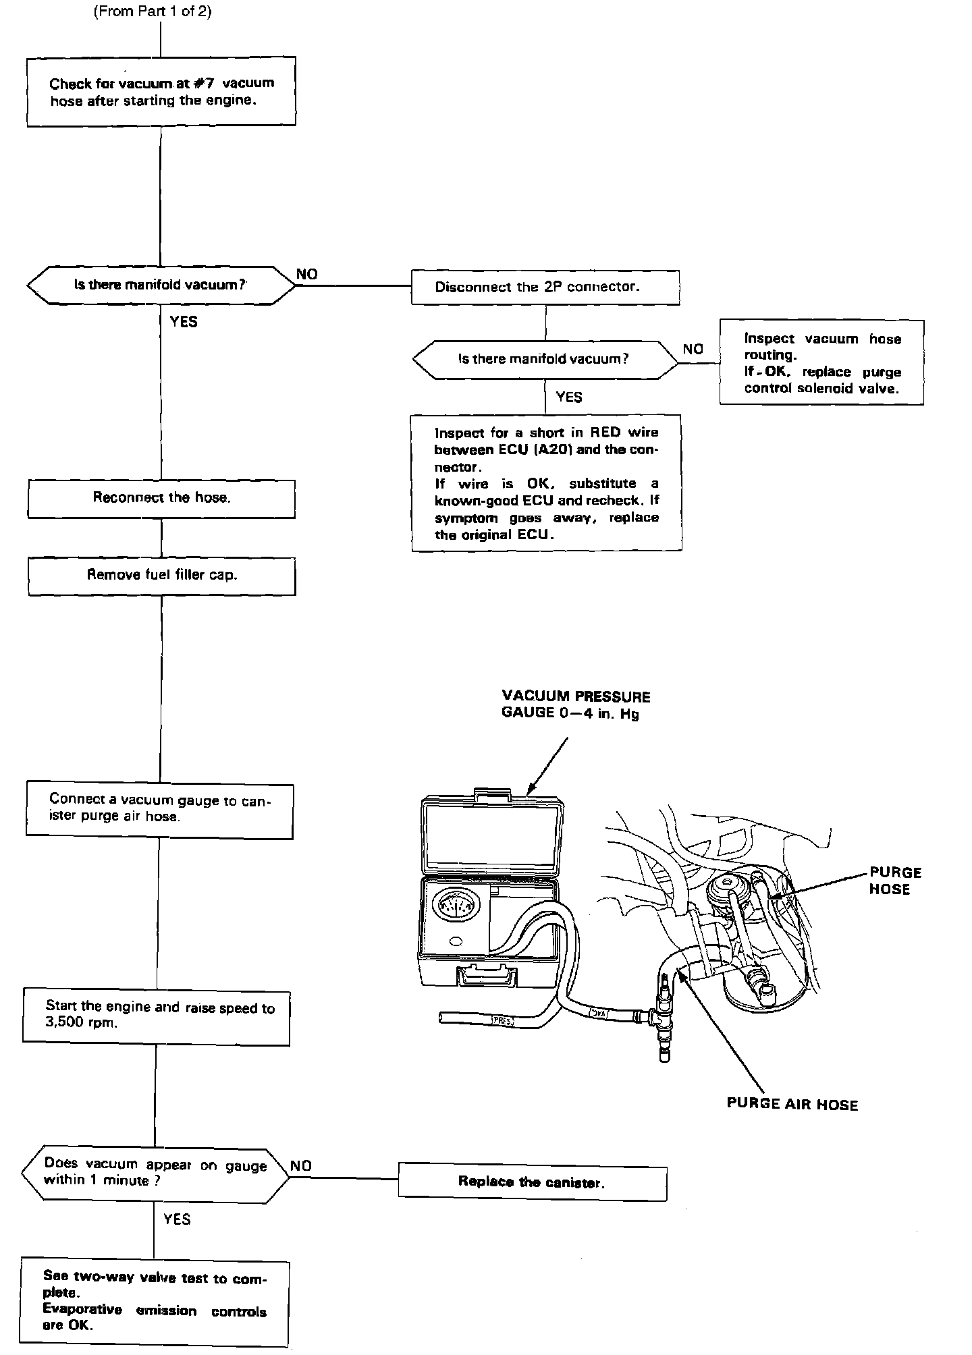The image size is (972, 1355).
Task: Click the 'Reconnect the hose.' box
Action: click(161, 499)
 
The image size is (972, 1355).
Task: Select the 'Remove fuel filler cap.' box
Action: click(161, 576)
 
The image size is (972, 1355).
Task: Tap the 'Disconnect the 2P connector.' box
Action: click(545, 287)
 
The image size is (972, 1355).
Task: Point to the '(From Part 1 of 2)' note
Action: click(153, 11)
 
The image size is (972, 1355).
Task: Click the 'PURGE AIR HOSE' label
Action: click(792, 1105)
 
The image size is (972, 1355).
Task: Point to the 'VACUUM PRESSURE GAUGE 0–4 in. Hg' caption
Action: click(576, 704)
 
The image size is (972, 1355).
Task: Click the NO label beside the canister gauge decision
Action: click(301, 1165)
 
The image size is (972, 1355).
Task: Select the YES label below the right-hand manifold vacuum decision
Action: click(568, 397)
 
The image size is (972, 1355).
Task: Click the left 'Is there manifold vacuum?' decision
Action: click(161, 285)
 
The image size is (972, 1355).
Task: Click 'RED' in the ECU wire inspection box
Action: click(605, 433)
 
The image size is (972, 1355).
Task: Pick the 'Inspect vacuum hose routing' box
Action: click(821, 363)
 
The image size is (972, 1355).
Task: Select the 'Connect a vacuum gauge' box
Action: click(160, 809)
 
